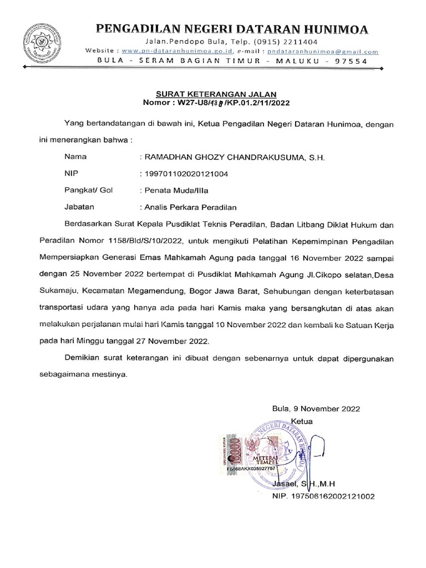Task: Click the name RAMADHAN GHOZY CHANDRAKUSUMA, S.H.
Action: (x=234, y=158)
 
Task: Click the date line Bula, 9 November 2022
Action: (x=316, y=408)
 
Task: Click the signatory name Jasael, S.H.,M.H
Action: (x=308, y=484)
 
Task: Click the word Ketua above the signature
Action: (x=302, y=421)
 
